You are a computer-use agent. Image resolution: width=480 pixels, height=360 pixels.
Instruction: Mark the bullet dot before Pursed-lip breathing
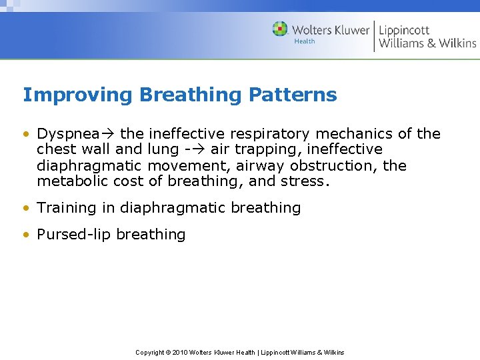[26, 235]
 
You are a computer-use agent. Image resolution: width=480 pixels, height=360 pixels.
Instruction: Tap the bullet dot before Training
[26, 208]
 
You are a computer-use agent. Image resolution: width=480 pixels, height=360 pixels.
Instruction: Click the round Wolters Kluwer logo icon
[280, 29]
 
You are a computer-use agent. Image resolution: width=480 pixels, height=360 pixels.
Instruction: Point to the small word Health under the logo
[304, 41]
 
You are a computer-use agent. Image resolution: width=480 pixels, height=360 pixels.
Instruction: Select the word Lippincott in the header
[404, 30]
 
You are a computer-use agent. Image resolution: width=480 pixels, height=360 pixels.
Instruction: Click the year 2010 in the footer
[180, 352]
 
